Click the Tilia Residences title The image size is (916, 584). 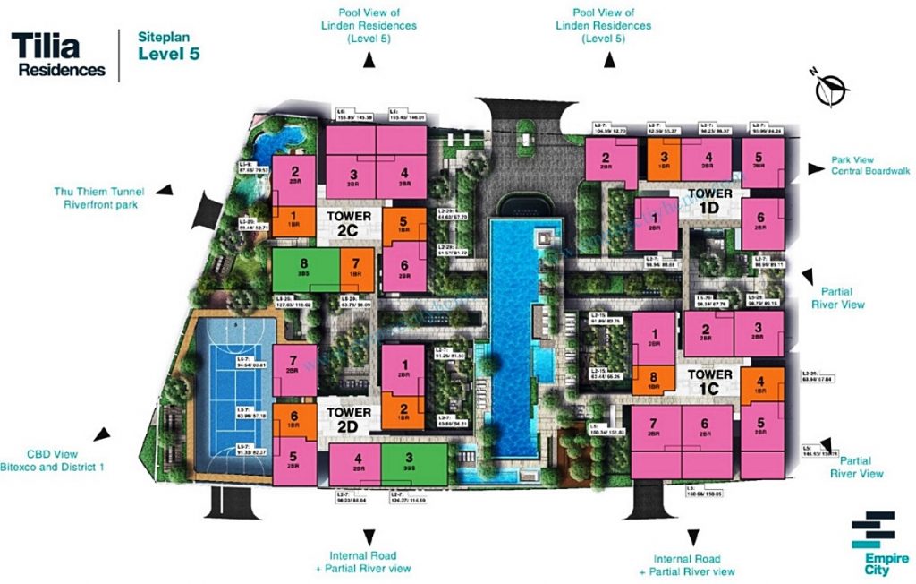pos(58,55)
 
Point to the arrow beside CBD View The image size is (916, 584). pos(104,435)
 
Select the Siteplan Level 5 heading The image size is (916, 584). pos(168,47)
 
